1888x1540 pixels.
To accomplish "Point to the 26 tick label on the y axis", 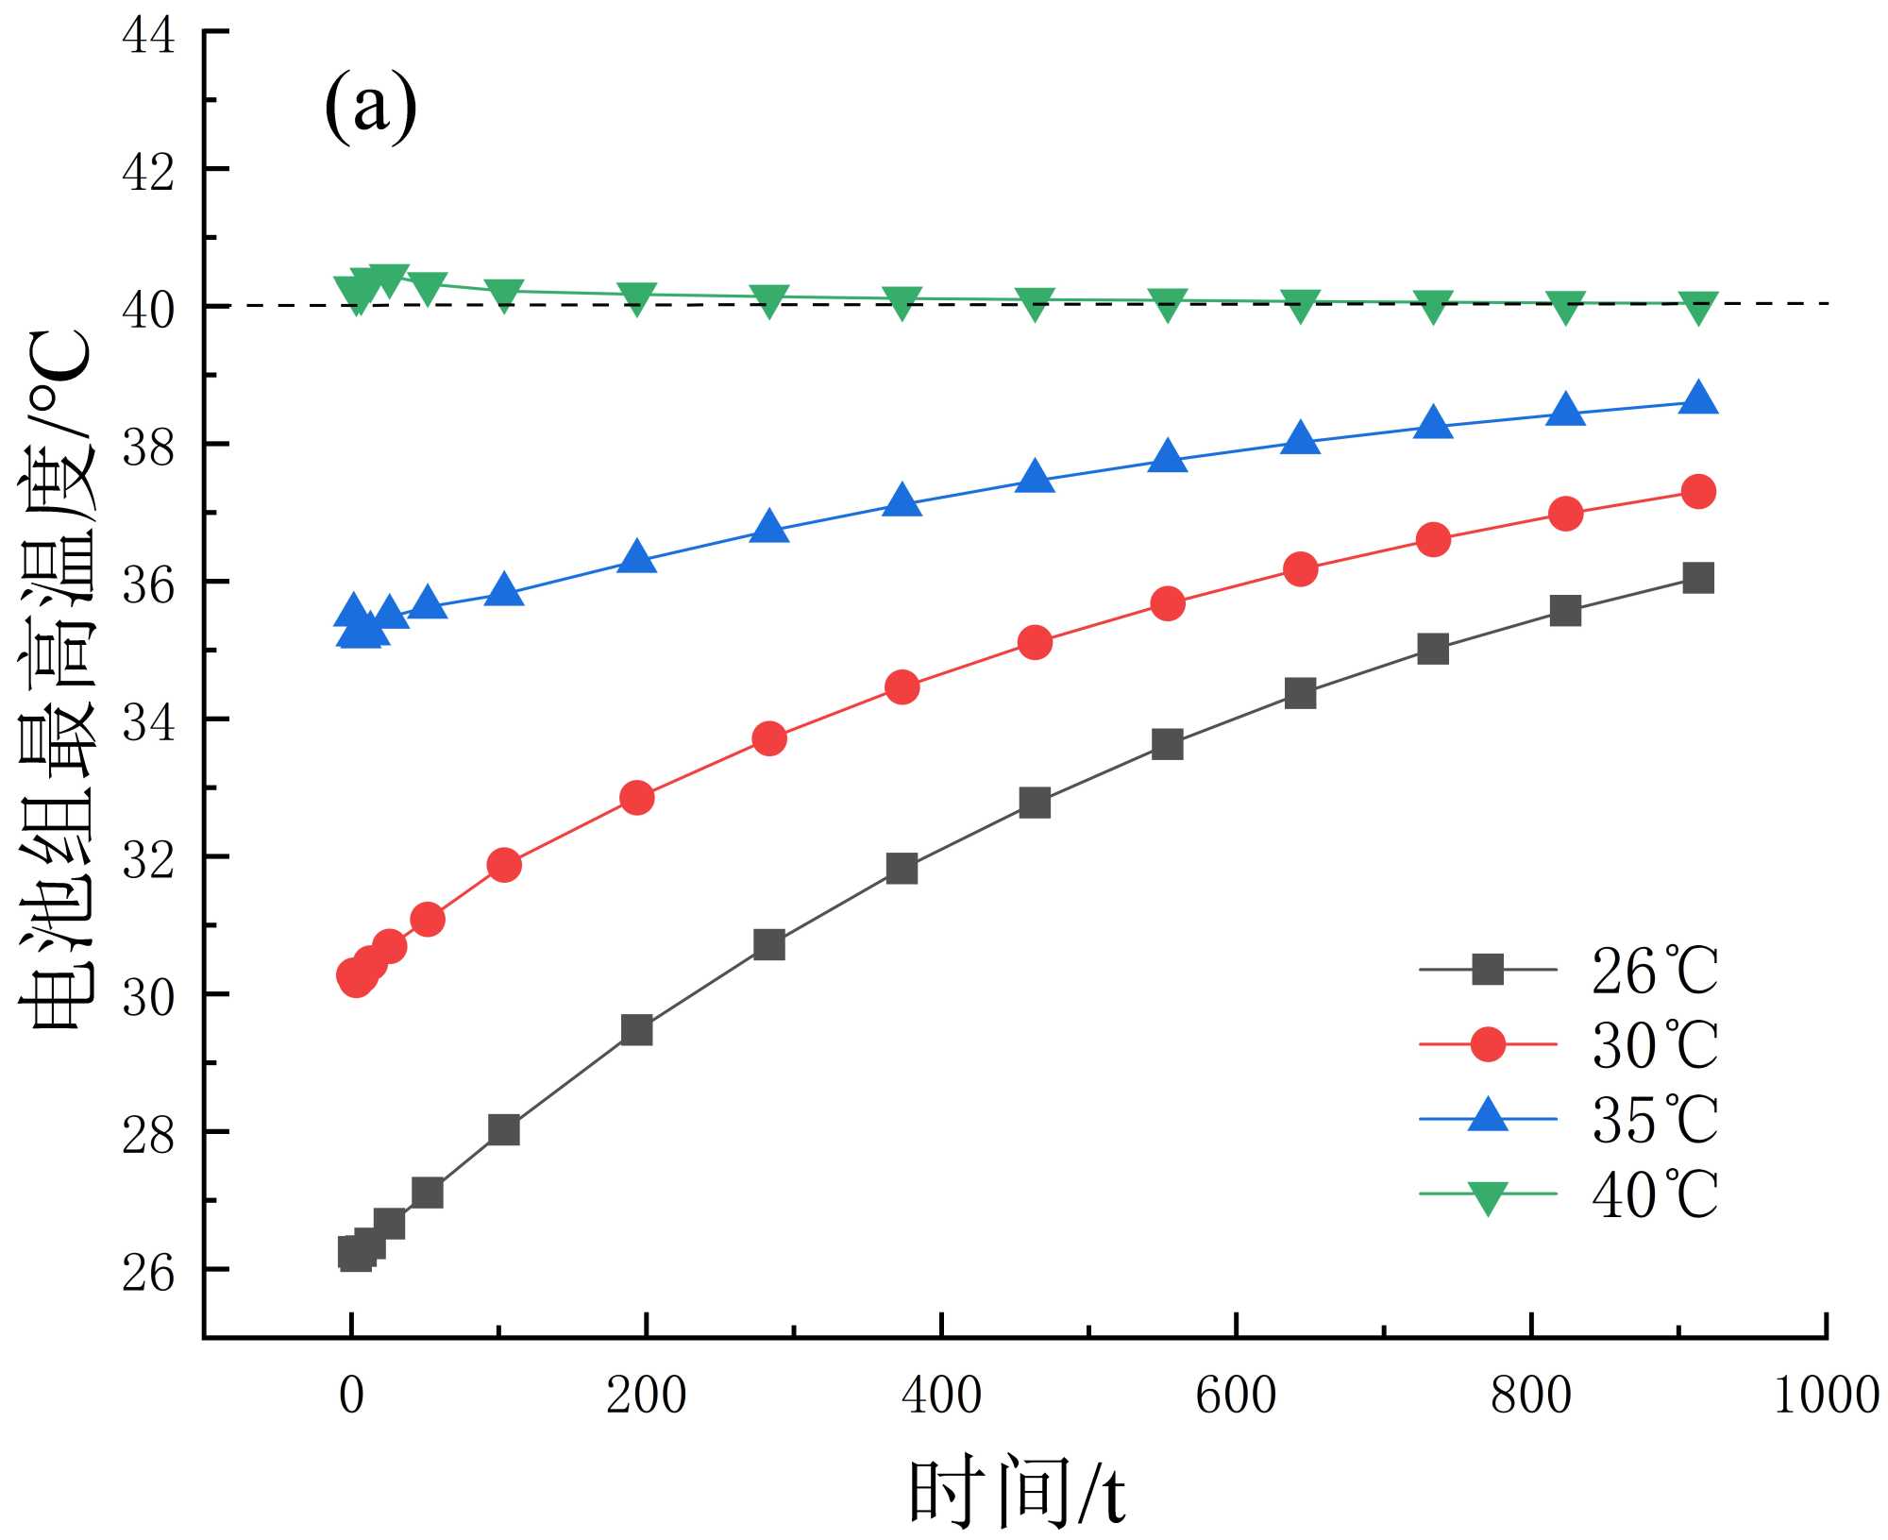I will tap(148, 1272).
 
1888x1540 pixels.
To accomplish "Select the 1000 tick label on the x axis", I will tap(1826, 1396).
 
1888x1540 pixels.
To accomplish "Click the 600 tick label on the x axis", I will tap(1236, 1396).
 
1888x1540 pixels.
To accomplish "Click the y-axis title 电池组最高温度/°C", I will tap(59, 680).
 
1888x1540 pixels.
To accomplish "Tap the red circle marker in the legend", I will tap(1488, 1044).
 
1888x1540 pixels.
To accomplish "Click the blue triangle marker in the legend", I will tap(1488, 1116).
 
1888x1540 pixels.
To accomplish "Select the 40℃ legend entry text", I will tap(1654, 1194).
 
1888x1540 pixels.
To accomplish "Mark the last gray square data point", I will tap(1698, 578).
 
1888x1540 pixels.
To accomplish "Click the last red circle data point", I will tap(1698, 491).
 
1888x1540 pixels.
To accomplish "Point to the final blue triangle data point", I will tap(1698, 398).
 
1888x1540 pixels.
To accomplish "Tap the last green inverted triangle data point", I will tap(1698, 308).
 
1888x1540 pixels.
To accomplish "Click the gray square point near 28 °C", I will tap(504, 1129).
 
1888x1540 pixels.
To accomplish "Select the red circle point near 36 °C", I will tap(1300, 568).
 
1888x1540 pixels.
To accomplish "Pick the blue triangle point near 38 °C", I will tap(1300, 439).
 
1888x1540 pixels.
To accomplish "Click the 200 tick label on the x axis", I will tap(646, 1396).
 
